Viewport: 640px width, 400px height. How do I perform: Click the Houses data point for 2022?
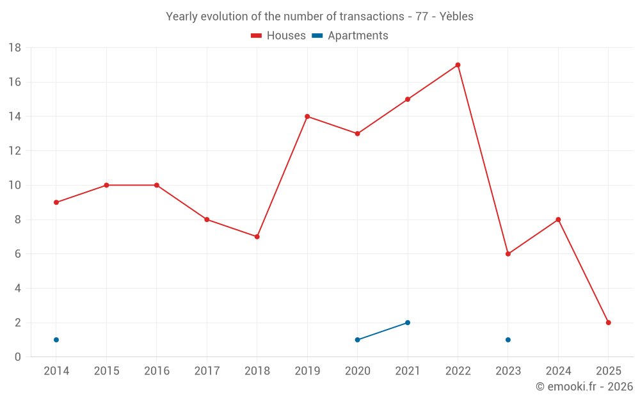[458, 65]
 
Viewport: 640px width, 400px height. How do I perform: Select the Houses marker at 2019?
[307, 116]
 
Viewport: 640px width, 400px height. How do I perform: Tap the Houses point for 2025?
[608, 323]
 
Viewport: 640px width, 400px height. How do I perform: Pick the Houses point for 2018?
[257, 237]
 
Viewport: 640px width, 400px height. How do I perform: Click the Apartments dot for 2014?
[56, 340]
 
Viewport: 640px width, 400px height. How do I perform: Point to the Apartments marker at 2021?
[408, 323]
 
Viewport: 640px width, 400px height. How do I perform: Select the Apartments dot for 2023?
[508, 340]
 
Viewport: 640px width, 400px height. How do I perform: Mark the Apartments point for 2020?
[357, 340]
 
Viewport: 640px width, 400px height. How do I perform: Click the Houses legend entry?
[278, 36]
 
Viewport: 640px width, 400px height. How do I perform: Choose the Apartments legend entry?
[350, 36]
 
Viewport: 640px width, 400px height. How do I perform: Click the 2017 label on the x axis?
[207, 371]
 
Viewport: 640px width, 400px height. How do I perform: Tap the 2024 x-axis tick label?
[558, 371]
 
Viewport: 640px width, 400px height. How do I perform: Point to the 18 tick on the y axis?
[15, 48]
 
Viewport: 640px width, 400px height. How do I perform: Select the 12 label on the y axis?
[15, 151]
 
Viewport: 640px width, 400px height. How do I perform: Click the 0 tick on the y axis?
[18, 357]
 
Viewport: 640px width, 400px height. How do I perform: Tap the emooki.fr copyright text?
[584, 387]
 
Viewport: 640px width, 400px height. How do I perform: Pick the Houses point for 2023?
[508, 254]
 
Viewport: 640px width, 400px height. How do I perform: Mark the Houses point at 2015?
[106, 185]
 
